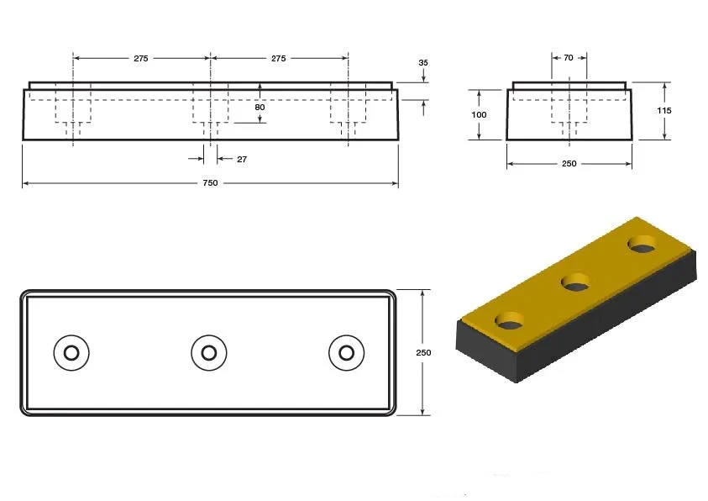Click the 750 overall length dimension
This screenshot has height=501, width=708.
[211, 183]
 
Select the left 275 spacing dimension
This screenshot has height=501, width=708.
[141, 58]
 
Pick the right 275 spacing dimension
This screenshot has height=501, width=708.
[279, 58]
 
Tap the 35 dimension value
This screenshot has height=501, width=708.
[423, 63]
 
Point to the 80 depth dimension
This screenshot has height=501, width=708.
[260, 107]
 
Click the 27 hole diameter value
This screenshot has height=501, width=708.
[242, 159]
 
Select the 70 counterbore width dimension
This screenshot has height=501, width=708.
[569, 58]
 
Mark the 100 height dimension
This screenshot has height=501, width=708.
[479, 115]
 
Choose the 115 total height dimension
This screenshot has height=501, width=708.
[664, 110]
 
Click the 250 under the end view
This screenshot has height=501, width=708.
[569, 164]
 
